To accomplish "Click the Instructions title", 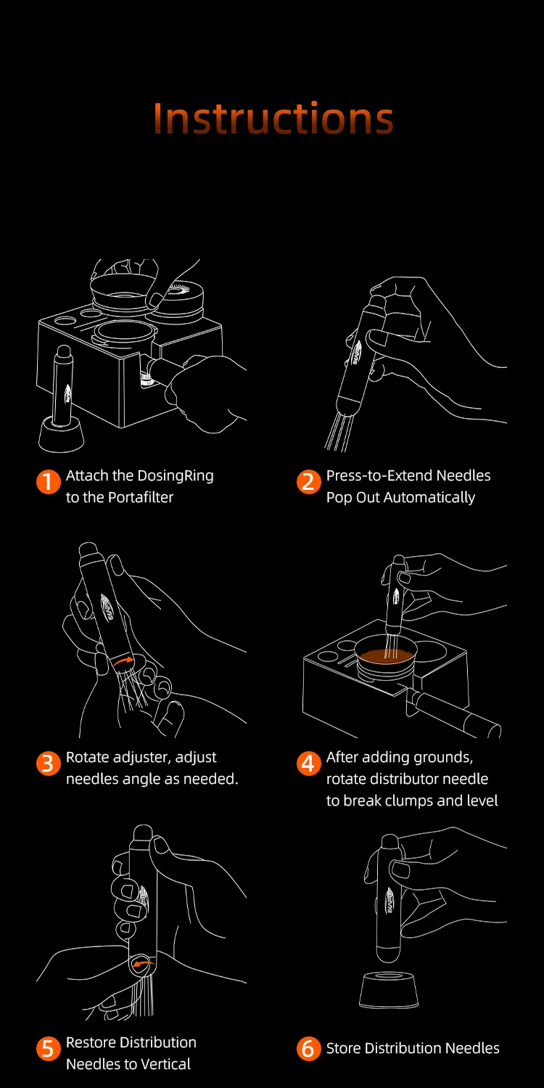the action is click(x=273, y=118).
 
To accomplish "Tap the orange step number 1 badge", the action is click(x=48, y=482).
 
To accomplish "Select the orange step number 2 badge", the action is click(x=309, y=482).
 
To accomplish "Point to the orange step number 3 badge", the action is click(x=48, y=764).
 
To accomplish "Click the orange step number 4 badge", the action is click(x=309, y=764).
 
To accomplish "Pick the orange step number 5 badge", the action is click(x=48, y=1049).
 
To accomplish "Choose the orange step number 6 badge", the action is click(x=309, y=1049).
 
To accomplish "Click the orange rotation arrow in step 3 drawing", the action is click(x=124, y=660).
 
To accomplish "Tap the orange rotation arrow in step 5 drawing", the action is click(x=143, y=962).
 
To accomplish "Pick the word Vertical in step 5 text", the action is click(x=163, y=1064).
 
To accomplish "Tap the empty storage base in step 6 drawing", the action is click(x=389, y=989).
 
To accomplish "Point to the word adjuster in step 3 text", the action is click(x=141, y=758).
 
